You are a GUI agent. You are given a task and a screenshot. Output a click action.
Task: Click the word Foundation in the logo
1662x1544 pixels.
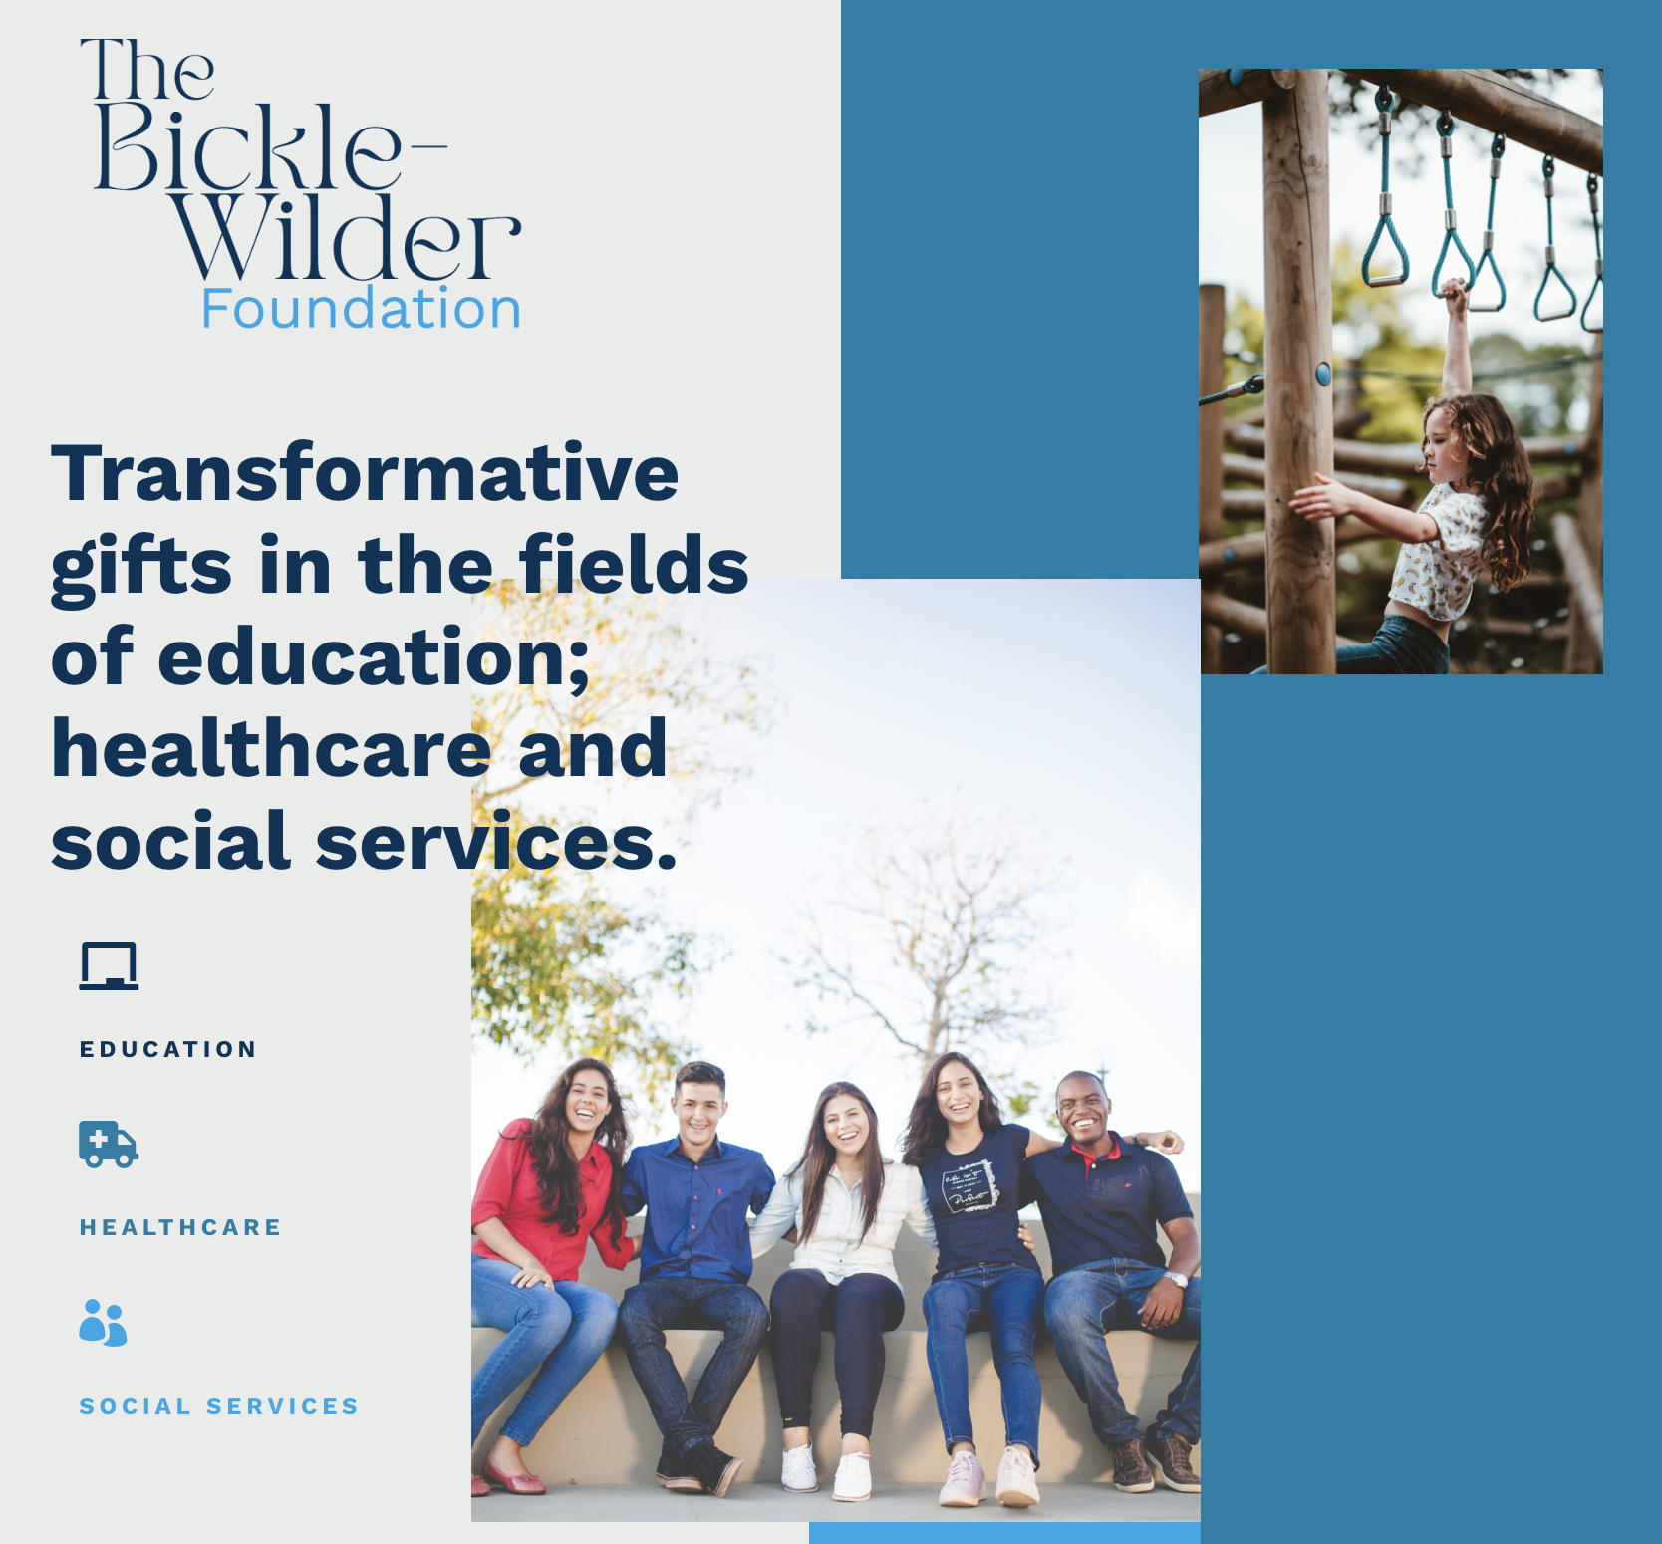[x=361, y=309]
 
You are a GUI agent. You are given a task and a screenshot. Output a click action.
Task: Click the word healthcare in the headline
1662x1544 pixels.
[x=271, y=748]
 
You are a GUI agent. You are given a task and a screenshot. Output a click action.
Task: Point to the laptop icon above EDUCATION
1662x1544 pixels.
[x=109, y=966]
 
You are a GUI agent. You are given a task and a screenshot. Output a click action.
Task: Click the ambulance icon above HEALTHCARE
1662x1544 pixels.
[x=109, y=1144]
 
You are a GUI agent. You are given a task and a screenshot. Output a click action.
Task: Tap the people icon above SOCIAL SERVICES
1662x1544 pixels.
[x=104, y=1323]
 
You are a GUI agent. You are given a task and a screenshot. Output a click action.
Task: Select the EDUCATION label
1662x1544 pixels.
[x=168, y=1049]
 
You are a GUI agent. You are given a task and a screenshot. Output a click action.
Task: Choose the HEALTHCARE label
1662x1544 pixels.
[x=180, y=1227]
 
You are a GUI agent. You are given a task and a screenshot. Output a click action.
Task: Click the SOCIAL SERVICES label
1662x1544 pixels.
[x=219, y=1406]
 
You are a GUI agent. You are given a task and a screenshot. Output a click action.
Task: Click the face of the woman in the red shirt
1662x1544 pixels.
[x=588, y=1101]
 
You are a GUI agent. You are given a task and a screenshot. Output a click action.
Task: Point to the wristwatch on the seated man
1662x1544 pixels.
[x=1177, y=1280]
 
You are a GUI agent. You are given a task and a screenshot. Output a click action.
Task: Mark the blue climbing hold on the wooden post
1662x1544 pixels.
[x=1323, y=374]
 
